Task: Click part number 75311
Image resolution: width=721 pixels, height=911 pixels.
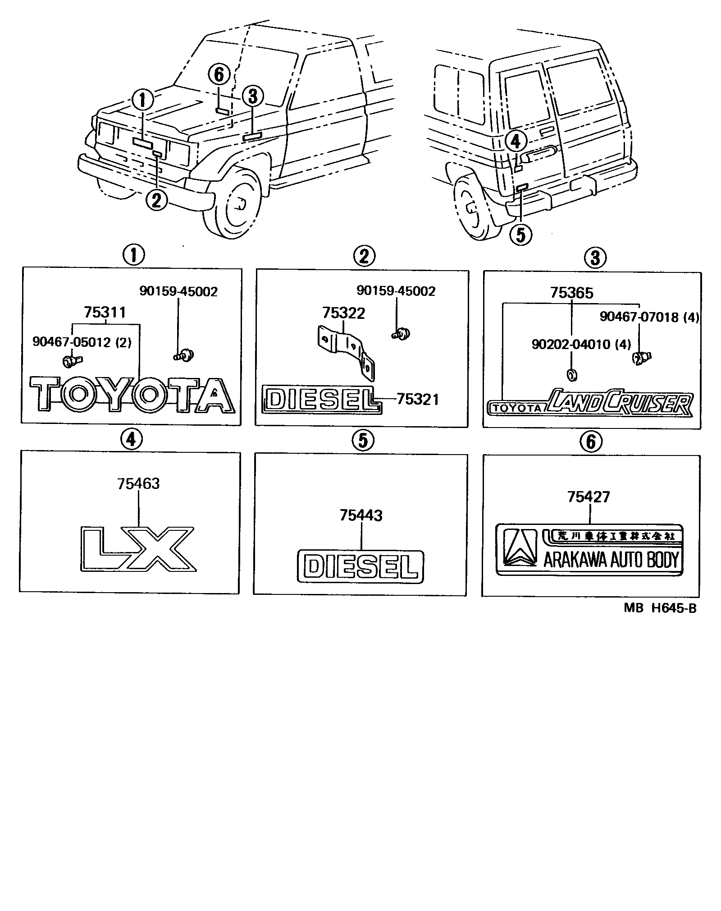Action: [x=105, y=313]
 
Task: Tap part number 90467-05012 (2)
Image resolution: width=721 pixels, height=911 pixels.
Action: [x=82, y=342]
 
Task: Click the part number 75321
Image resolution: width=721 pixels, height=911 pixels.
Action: [x=417, y=400]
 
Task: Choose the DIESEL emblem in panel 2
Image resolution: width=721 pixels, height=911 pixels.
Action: [x=322, y=399]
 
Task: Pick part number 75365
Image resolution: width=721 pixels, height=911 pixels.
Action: [x=571, y=293]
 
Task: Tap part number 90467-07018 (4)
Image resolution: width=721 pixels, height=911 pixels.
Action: [x=649, y=317]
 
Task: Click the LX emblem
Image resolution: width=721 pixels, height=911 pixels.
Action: [x=138, y=548]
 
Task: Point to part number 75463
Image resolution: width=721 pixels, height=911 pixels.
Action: [x=138, y=484]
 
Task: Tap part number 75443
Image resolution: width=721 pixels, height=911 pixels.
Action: [x=361, y=515]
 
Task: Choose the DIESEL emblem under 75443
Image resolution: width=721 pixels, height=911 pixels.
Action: [x=361, y=566]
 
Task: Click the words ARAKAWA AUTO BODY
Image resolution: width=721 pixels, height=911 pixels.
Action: [x=611, y=560]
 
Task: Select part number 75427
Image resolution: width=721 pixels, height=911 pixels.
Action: [x=589, y=497]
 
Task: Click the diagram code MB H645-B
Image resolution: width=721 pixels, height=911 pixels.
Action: [x=660, y=608]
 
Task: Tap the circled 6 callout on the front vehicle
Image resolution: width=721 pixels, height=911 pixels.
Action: [x=219, y=74]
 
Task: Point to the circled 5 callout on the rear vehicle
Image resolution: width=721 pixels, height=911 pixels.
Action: [x=520, y=235]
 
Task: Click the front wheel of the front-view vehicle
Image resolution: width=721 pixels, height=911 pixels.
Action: [x=235, y=203]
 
